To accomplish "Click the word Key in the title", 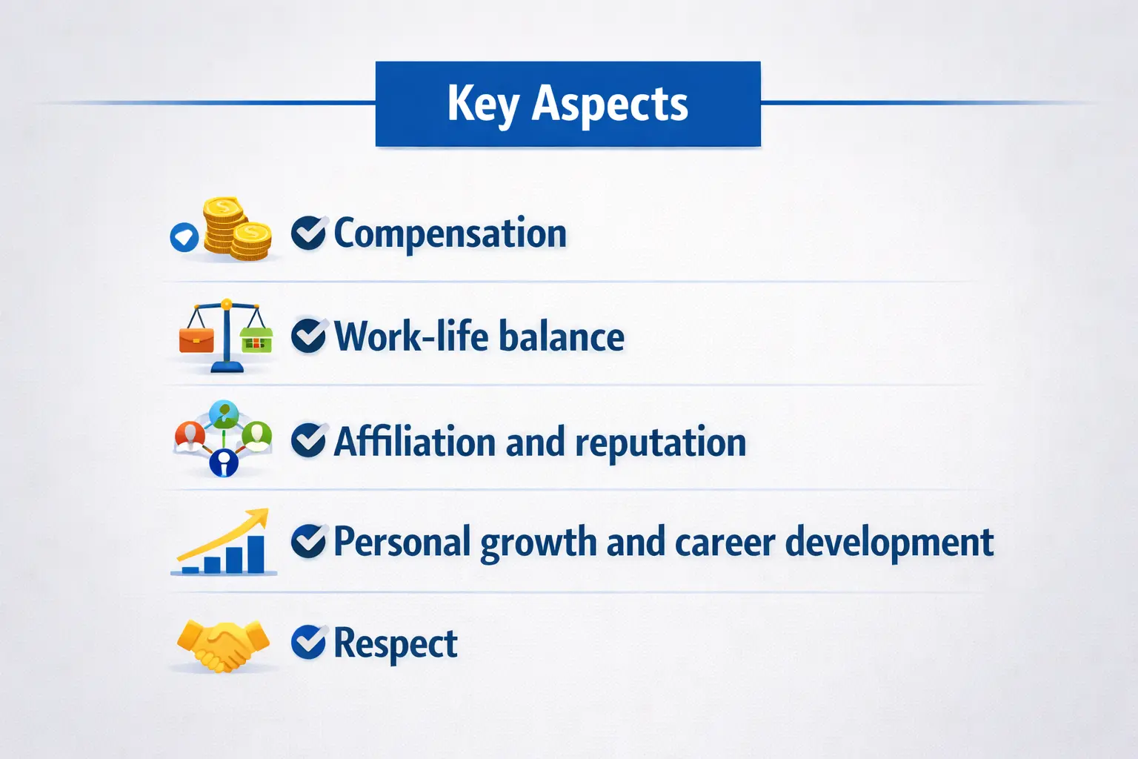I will tap(482, 104).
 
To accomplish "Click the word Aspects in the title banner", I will tap(610, 104).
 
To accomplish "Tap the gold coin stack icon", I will tap(236, 230).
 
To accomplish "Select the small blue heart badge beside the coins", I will tap(184, 237).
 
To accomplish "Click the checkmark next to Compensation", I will tap(307, 233).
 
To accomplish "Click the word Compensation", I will tap(450, 233).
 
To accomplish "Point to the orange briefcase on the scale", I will tap(196, 339).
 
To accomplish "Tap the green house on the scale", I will tap(256, 339).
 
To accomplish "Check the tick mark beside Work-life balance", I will tap(307, 337).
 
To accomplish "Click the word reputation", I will tap(660, 443).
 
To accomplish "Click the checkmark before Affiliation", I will tap(307, 441).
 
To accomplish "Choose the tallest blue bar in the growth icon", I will tap(255, 554).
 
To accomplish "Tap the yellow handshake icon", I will tap(223, 645).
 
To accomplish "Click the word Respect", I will tap(395, 643).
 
